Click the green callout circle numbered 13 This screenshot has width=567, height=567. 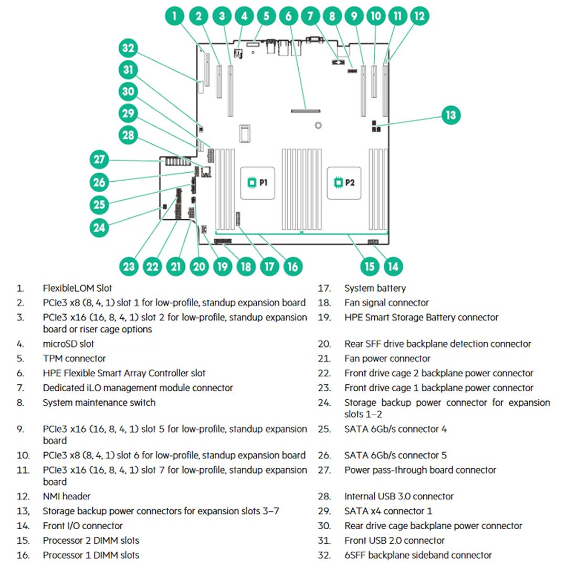pyautogui.click(x=450, y=115)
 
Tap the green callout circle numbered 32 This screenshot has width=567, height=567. pyautogui.click(x=128, y=49)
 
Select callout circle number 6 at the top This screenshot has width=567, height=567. pyautogui.click(x=289, y=16)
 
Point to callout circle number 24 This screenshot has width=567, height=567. pyautogui.click(x=99, y=227)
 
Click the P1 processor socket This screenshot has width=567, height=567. pyautogui.click(x=258, y=182)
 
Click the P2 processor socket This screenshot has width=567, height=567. pyautogui.click(x=345, y=182)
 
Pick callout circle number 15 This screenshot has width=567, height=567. pyautogui.click(x=370, y=266)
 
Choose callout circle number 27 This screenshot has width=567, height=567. pyautogui.click(x=99, y=159)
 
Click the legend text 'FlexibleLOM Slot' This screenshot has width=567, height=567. pyautogui.click(x=77, y=288)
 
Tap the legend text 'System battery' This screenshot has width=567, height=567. pyautogui.click(x=375, y=288)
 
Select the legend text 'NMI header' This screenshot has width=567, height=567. pyautogui.click(x=67, y=496)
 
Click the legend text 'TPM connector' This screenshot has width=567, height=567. pyautogui.click(x=74, y=359)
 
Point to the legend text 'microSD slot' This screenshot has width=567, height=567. pyautogui.click(x=68, y=344)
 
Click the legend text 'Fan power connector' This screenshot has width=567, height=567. pyautogui.click(x=387, y=359)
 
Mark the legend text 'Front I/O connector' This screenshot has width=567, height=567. pyautogui.click(x=83, y=526)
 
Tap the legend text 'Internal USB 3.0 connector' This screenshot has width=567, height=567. pyautogui.click(x=399, y=496)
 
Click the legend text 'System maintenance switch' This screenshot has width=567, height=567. pyautogui.click(x=99, y=403)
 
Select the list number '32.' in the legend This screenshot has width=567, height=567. pyautogui.click(x=324, y=555)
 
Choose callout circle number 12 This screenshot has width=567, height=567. pyautogui.click(x=419, y=16)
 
